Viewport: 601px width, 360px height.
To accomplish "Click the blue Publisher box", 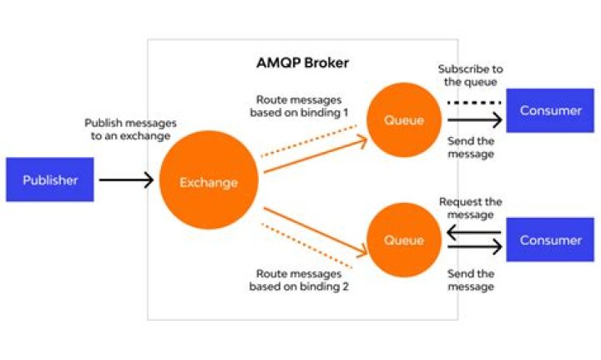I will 50,180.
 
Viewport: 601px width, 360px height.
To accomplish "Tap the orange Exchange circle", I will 209,182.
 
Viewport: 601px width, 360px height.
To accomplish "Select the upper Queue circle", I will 404,119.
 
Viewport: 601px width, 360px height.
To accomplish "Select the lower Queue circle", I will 404,241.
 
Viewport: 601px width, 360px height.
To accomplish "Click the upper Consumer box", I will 549,110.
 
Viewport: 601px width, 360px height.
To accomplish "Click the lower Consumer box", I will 549,241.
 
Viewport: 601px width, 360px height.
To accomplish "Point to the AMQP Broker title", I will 301,63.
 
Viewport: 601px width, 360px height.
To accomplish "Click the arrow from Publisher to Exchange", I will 126,180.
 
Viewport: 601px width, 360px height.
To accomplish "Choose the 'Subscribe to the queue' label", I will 470,76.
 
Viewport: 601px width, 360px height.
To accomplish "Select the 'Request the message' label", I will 470,208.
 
